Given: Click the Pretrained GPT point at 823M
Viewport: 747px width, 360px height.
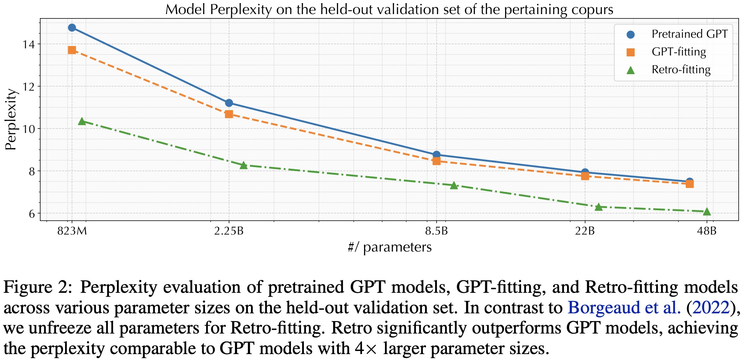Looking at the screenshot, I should [x=72, y=28].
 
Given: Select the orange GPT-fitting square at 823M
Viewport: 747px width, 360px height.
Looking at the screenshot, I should [x=72, y=50].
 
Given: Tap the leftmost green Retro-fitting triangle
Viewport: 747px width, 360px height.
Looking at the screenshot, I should [x=82, y=121].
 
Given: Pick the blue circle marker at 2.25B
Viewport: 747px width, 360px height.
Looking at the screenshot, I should [x=229, y=103].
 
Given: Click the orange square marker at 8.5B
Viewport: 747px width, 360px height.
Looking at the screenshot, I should [x=437, y=161].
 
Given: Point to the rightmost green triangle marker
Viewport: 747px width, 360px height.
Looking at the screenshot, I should [x=707, y=211].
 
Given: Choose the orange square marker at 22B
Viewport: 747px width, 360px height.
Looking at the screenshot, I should [x=585, y=176].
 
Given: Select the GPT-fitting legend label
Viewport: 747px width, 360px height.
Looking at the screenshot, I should [x=679, y=52].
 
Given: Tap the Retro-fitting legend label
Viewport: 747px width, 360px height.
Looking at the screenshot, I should [x=681, y=70].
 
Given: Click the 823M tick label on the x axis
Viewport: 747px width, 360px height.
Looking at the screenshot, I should [x=72, y=231].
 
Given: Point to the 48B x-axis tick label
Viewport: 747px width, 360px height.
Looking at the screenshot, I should [x=707, y=231].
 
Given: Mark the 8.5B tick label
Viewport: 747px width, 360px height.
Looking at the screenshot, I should [x=437, y=231].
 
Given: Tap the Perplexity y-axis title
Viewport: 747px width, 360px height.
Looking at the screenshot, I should [x=11, y=119].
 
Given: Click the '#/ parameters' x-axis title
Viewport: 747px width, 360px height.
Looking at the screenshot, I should [x=390, y=247].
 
